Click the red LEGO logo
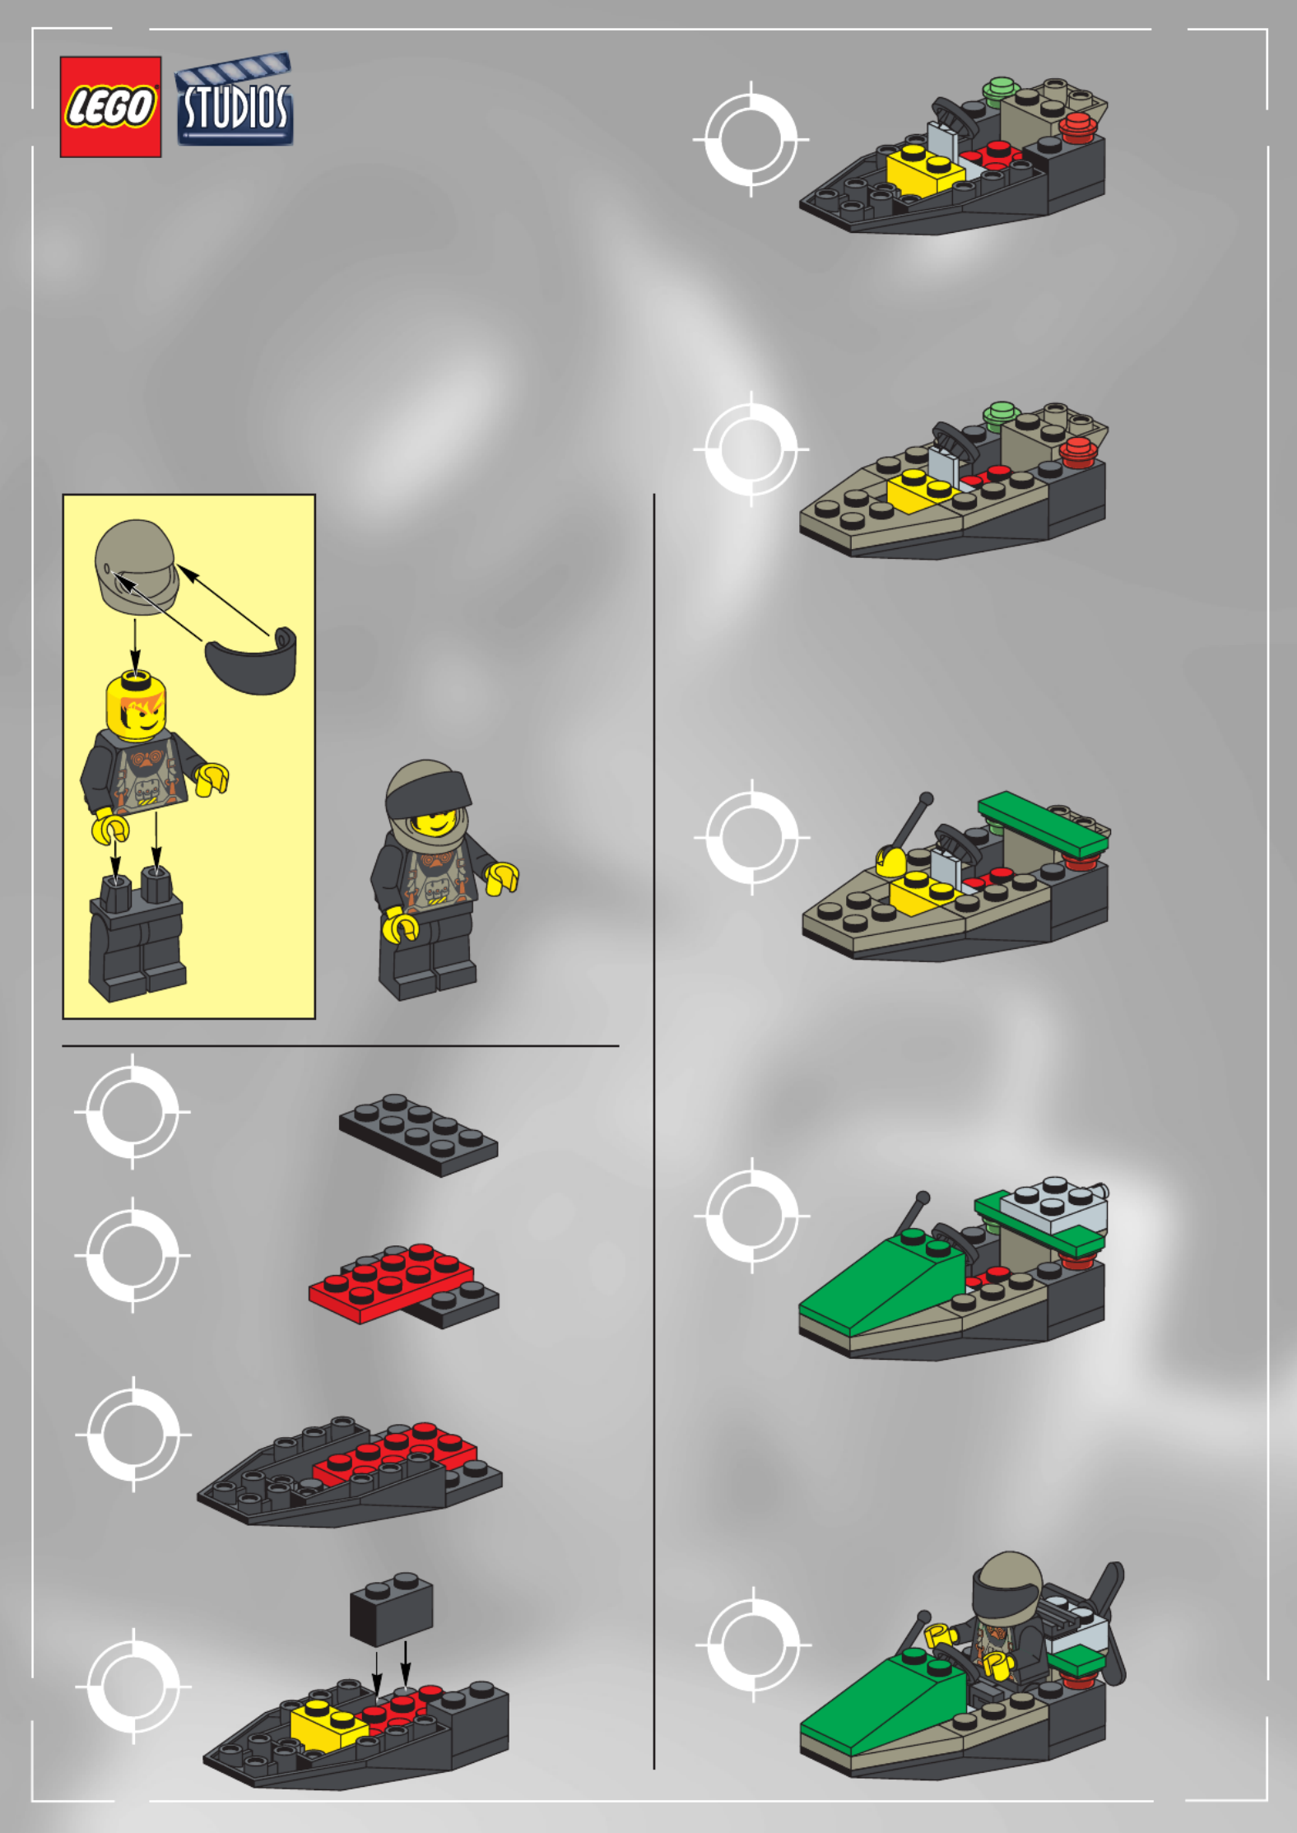[x=110, y=107]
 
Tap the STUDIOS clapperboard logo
[x=235, y=100]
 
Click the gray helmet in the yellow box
[x=137, y=567]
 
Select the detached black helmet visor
[x=251, y=660]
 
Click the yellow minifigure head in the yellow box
[x=137, y=705]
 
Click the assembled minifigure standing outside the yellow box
[x=440, y=880]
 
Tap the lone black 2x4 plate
[x=418, y=1135]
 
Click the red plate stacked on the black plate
[x=392, y=1282]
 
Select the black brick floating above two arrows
[x=392, y=1609]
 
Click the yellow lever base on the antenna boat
[x=890, y=862]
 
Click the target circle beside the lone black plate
[x=132, y=1111]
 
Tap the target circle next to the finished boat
[x=753, y=1645]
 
